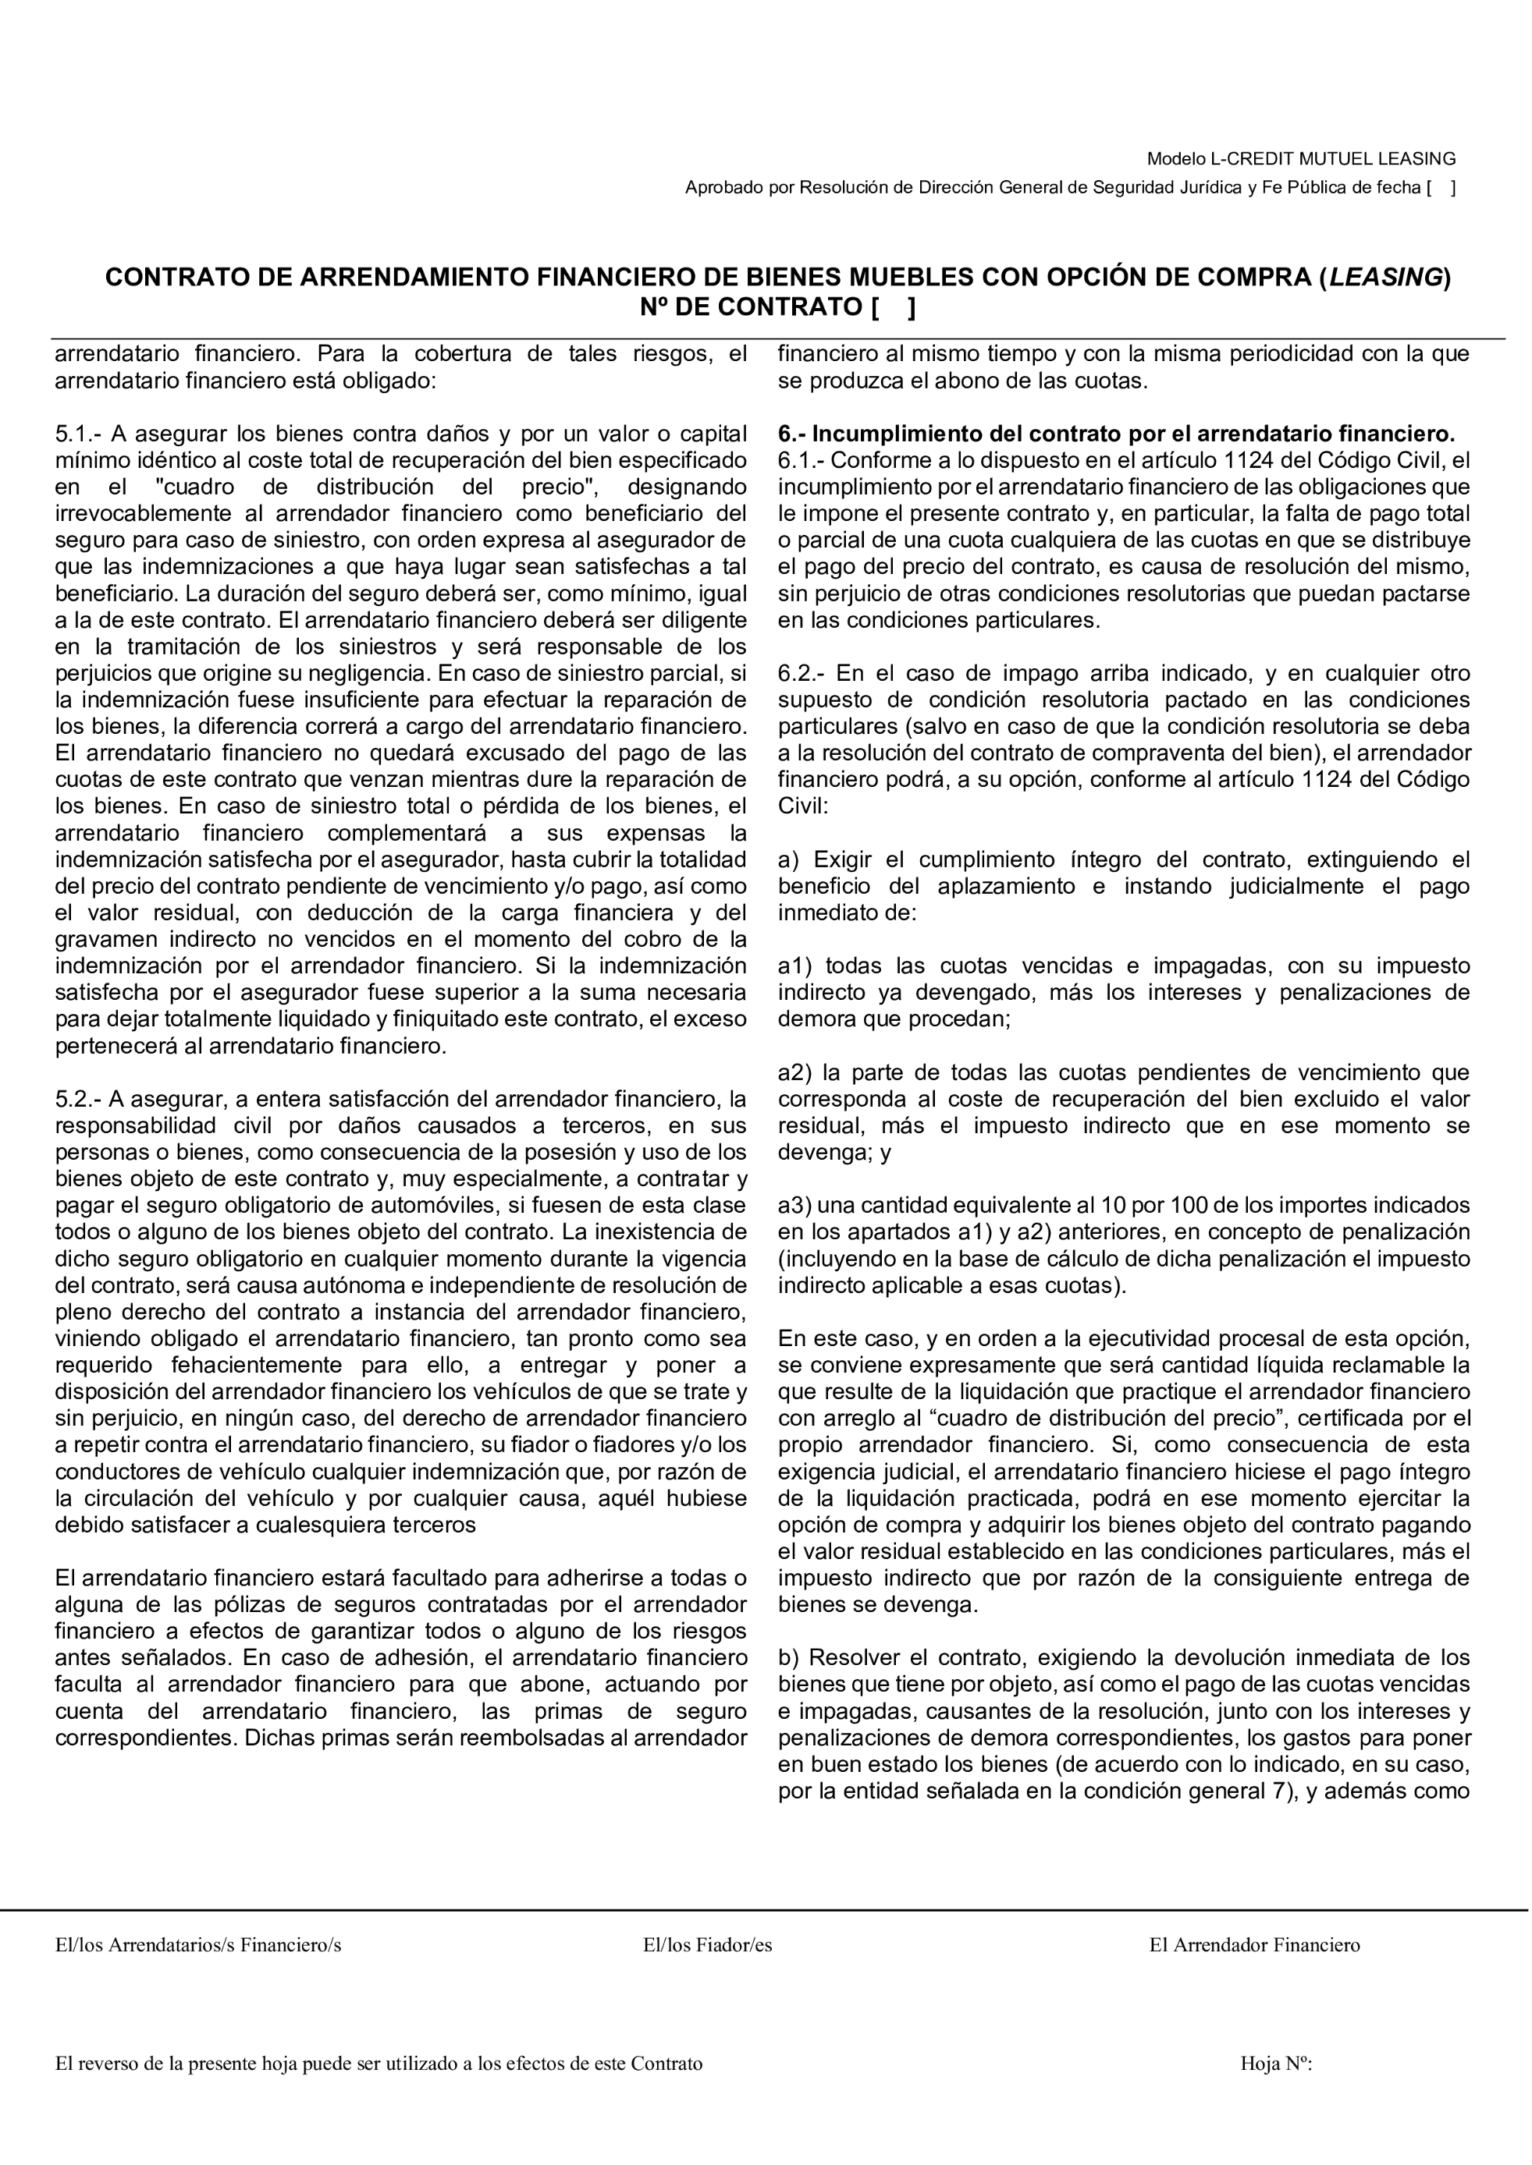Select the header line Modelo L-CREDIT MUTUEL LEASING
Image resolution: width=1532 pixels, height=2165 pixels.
coord(1301,158)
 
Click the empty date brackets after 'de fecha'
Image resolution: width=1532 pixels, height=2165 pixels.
coord(1441,188)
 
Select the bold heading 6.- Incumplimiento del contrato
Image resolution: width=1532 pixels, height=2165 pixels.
coord(1116,434)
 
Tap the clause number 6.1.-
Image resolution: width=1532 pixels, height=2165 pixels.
coord(800,460)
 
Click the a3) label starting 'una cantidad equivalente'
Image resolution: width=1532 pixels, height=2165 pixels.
coord(794,1205)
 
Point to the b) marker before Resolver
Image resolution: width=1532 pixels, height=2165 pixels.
coord(789,1658)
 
